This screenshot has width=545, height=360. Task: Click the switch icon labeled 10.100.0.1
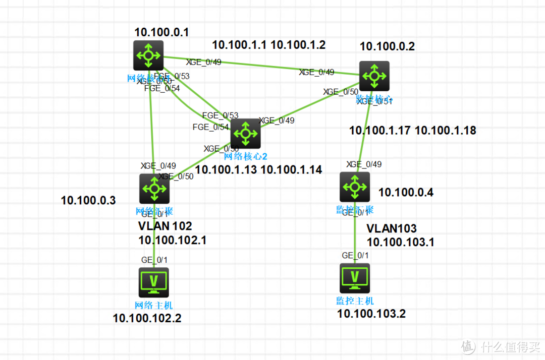pos(148,55)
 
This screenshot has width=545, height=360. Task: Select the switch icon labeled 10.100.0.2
pos(374,76)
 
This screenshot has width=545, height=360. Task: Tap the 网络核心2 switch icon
pos(246,134)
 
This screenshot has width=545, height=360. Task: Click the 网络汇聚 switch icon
pos(154,189)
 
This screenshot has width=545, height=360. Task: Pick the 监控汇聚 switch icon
pos(355,187)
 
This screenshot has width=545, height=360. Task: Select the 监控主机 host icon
pos(355,278)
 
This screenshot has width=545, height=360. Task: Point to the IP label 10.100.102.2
pos(147,318)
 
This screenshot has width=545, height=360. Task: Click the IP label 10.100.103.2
pos(371,314)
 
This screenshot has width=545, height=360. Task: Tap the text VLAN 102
pos(165,226)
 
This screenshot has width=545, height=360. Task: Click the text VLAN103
pos(392,228)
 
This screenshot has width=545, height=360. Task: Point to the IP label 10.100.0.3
pos(88,201)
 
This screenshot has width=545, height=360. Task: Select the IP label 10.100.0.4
pos(406,192)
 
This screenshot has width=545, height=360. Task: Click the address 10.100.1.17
pos(379,131)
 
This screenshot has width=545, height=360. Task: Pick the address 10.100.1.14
pos(292,170)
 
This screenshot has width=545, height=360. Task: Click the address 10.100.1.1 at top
pos(239,44)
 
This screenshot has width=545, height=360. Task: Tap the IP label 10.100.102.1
pos(173,240)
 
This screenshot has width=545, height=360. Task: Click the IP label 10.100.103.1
pos(400,242)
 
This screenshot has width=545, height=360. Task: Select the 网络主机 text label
pos(153,305)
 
